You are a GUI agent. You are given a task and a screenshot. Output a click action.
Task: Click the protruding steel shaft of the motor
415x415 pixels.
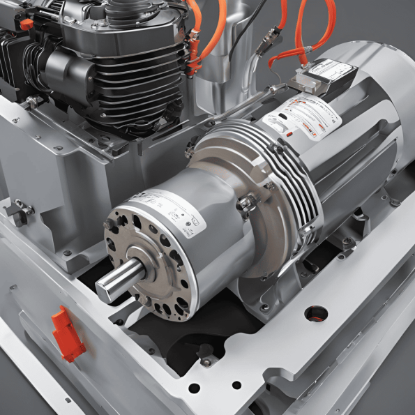[115, 282]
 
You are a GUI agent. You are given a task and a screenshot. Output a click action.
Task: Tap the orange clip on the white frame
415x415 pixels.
[68, 334]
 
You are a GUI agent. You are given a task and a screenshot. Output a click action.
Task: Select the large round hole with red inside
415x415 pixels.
[315, 313]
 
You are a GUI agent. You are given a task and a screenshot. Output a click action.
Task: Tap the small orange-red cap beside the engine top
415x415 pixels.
[27, 24]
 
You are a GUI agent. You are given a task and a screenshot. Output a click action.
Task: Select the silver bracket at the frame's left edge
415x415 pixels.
[21, 209]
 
